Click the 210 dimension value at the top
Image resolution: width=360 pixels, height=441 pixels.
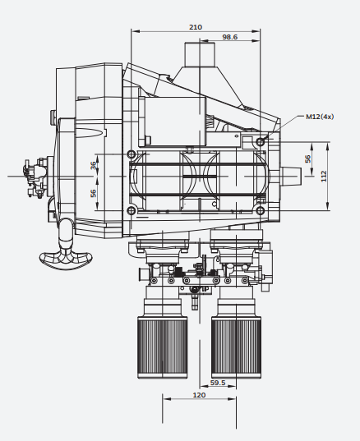[196, 27]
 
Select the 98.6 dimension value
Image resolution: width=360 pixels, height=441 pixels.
[229, 37]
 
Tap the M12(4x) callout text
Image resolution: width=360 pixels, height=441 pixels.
[320, 117]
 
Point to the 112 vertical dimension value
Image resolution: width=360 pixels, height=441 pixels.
[324, 176]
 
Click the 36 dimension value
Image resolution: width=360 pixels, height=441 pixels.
[94, 165]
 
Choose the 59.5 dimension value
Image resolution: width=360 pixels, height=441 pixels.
[218, 383]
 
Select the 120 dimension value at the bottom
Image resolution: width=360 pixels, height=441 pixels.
[199, 395]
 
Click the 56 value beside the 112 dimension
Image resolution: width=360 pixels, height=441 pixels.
[308, 158]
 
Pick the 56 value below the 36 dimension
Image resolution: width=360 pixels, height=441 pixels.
[94, 193]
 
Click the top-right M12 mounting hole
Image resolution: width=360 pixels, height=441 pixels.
[261, 142]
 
